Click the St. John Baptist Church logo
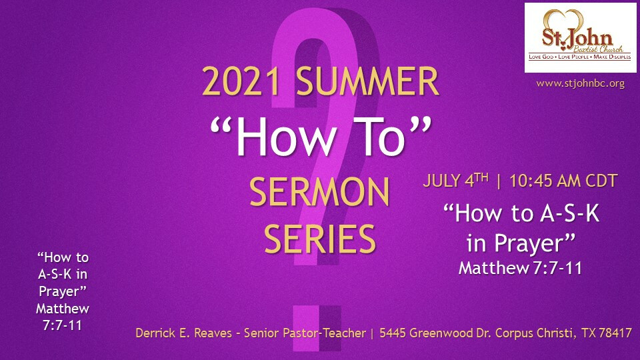pos(580,37)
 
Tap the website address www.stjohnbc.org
pos(580,83)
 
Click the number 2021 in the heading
pos(241,81)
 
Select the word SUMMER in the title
pos(367,81)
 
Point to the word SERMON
pos(319,191)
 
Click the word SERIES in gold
pos(319,239)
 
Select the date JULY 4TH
pos(455,180)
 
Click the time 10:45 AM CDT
pos(563,181)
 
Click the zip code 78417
pos(615,333)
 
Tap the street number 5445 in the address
pos(393,333)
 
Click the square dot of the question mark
pos(317,328)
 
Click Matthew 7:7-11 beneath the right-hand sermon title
pos(520,268)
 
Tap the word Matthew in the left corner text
pos(63,308)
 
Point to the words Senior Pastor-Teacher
pos(305,333)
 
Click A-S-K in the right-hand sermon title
pos(570,213)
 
